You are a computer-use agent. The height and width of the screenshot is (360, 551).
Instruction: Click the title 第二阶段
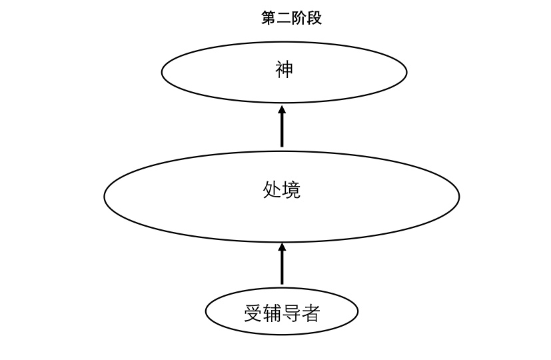pos(291,19)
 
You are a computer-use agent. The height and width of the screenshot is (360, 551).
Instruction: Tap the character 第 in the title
pos(269,19)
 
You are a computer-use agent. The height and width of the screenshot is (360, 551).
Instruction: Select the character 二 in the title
pos(284,19)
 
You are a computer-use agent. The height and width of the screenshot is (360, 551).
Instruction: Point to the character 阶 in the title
pos(299,19)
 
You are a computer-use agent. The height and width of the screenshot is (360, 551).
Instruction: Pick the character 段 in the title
pos(314,19)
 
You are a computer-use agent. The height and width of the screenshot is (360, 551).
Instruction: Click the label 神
pos(284,69)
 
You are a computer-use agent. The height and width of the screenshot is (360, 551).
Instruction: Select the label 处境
pos(282,190)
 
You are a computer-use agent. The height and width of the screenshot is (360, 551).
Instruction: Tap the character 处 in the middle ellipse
pos(273,190)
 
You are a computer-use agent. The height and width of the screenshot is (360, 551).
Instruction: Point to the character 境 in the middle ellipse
pos(292,190)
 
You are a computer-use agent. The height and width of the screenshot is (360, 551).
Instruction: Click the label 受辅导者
pos(282,313)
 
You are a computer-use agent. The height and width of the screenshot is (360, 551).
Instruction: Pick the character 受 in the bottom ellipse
pos(253,313)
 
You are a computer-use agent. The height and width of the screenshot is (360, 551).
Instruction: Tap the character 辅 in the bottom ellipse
pos(273,313)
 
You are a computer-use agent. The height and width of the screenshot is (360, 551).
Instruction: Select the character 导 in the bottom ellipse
pos(292,313)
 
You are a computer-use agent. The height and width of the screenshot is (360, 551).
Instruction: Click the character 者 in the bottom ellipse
pos(311,313)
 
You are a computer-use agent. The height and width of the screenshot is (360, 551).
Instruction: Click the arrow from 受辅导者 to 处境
pos(282,267)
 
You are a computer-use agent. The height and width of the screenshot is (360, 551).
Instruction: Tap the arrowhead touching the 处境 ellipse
pos(282,247)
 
